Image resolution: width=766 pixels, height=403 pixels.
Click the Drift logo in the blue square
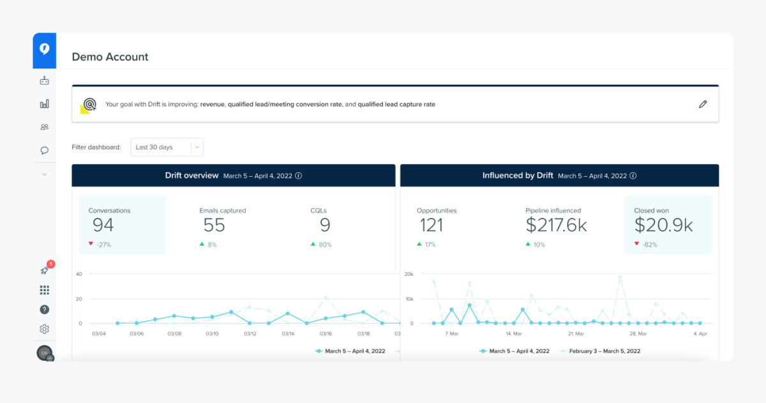pyautogui.click(x=44, y=50)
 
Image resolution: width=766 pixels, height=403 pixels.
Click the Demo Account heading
pyautogui.click(x=110, y=57)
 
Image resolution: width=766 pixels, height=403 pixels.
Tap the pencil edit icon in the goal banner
pyautogui.click(x=703, y=104)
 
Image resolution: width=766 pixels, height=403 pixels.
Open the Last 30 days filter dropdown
pyautogui.click(x=167, y=147)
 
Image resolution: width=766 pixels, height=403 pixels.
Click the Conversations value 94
pyautogui.click(x=103, y=225)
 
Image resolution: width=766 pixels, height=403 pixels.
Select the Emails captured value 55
pyautogui.click(x=214, y=225)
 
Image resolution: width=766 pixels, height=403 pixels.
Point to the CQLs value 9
pyautogui.click(x=325, y=225)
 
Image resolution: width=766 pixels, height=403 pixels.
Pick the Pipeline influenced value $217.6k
pyautogui.click(x=556, y=225)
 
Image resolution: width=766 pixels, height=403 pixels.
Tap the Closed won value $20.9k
pyautogui.click(x=663, y=225)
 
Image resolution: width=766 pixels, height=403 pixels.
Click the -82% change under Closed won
pyautogui.click(x=649, y=245)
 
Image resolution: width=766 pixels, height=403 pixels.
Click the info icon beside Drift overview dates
pyautogui.click(x=298, y=176)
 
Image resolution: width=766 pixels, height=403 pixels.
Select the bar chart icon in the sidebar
pyautogui.click(x=44, y=104)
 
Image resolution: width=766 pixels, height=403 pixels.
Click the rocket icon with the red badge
pyautogui.click(x=44, y=270)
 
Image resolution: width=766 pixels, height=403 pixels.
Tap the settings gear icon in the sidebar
pyautogui.click(x=44, y=329)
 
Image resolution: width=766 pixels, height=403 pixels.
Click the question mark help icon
pyautogui.click(x=44, y=310)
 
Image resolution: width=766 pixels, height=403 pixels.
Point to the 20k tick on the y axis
pyautogui.click(x=409, y=274)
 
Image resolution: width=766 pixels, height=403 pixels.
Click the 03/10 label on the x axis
pyautogui.click(x=211, y=334)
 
